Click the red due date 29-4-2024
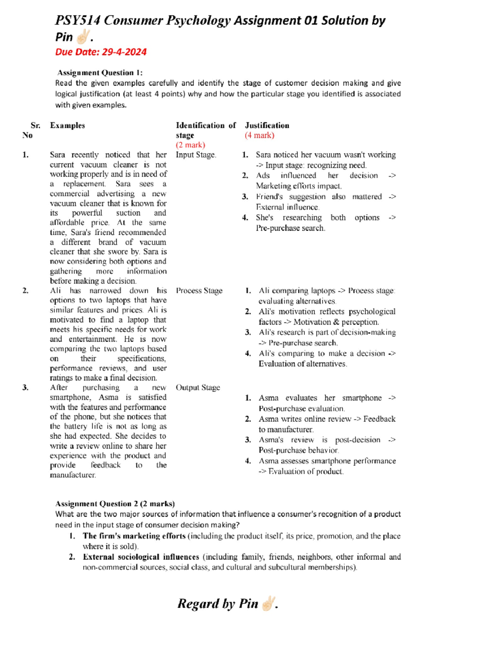(x=101, y=52)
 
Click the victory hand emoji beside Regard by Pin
(x=268, y=603)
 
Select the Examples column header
(x=67, y=126)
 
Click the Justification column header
(x=267, y=126)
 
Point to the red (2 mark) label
(x=190, y=145)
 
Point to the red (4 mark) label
(x=259, y=135)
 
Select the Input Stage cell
(x=196, y=155)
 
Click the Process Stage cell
(x=199, y=291)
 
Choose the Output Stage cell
(x=198, y=388)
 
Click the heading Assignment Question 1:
(x=100, y=73)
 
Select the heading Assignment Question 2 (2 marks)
(x=115, y=504)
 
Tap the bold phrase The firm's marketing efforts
(x=134, y=536)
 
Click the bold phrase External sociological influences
(x=141, y=557)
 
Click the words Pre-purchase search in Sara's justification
(x=290, y=228)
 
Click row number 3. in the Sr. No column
(x=25, y=388)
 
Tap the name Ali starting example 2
(x=55, y=291)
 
